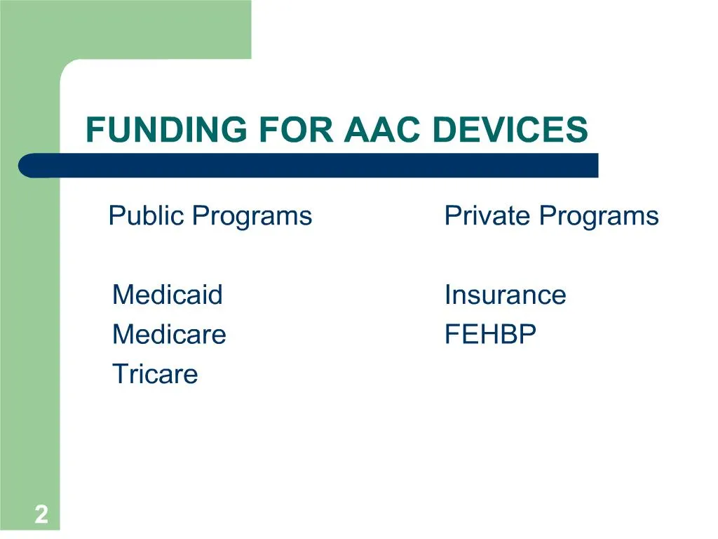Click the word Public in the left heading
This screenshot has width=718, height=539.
point(147,215)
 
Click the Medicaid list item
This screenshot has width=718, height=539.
point(167,294)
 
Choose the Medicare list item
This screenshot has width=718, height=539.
point(169,334)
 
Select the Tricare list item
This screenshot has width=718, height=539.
point(155,374)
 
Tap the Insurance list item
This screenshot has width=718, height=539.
point(505,294)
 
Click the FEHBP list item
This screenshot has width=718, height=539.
point(490,334)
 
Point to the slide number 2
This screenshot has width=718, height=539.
point(41,515)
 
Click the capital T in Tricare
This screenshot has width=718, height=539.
point(119,374)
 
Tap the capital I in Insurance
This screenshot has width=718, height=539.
point(447,294)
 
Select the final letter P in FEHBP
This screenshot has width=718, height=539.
point(528,334)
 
